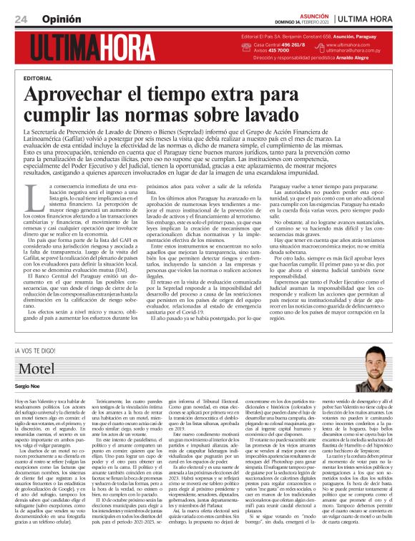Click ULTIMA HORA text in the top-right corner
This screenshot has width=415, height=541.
point(379,16)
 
